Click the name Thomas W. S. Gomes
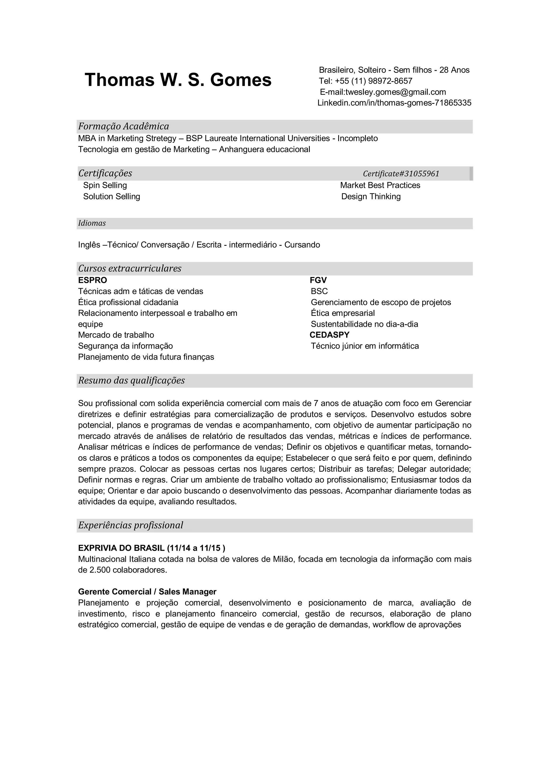178,80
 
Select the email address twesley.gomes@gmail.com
396,92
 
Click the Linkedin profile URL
394,103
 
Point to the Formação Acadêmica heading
123,126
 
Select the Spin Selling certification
105,185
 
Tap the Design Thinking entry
371,197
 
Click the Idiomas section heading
92,223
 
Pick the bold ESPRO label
92,280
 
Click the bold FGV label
318,280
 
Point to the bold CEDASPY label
329,335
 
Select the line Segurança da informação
125,346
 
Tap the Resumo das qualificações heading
131,381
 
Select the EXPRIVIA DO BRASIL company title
121,548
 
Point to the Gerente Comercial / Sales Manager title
147,592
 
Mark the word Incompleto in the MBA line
358,139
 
